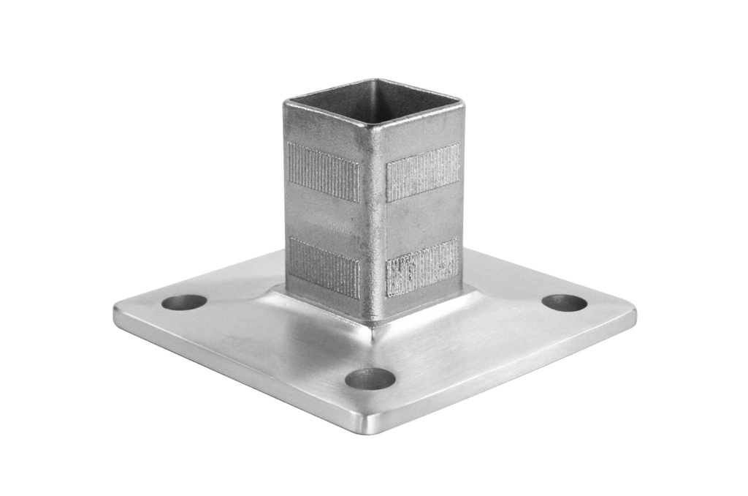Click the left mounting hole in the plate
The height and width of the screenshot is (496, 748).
184,302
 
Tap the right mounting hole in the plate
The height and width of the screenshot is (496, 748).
565,303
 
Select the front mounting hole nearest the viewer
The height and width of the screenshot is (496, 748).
370,378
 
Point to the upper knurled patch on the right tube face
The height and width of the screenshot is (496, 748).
423,173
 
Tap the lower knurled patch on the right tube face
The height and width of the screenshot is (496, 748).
422,268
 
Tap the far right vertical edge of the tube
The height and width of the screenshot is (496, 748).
462,198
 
